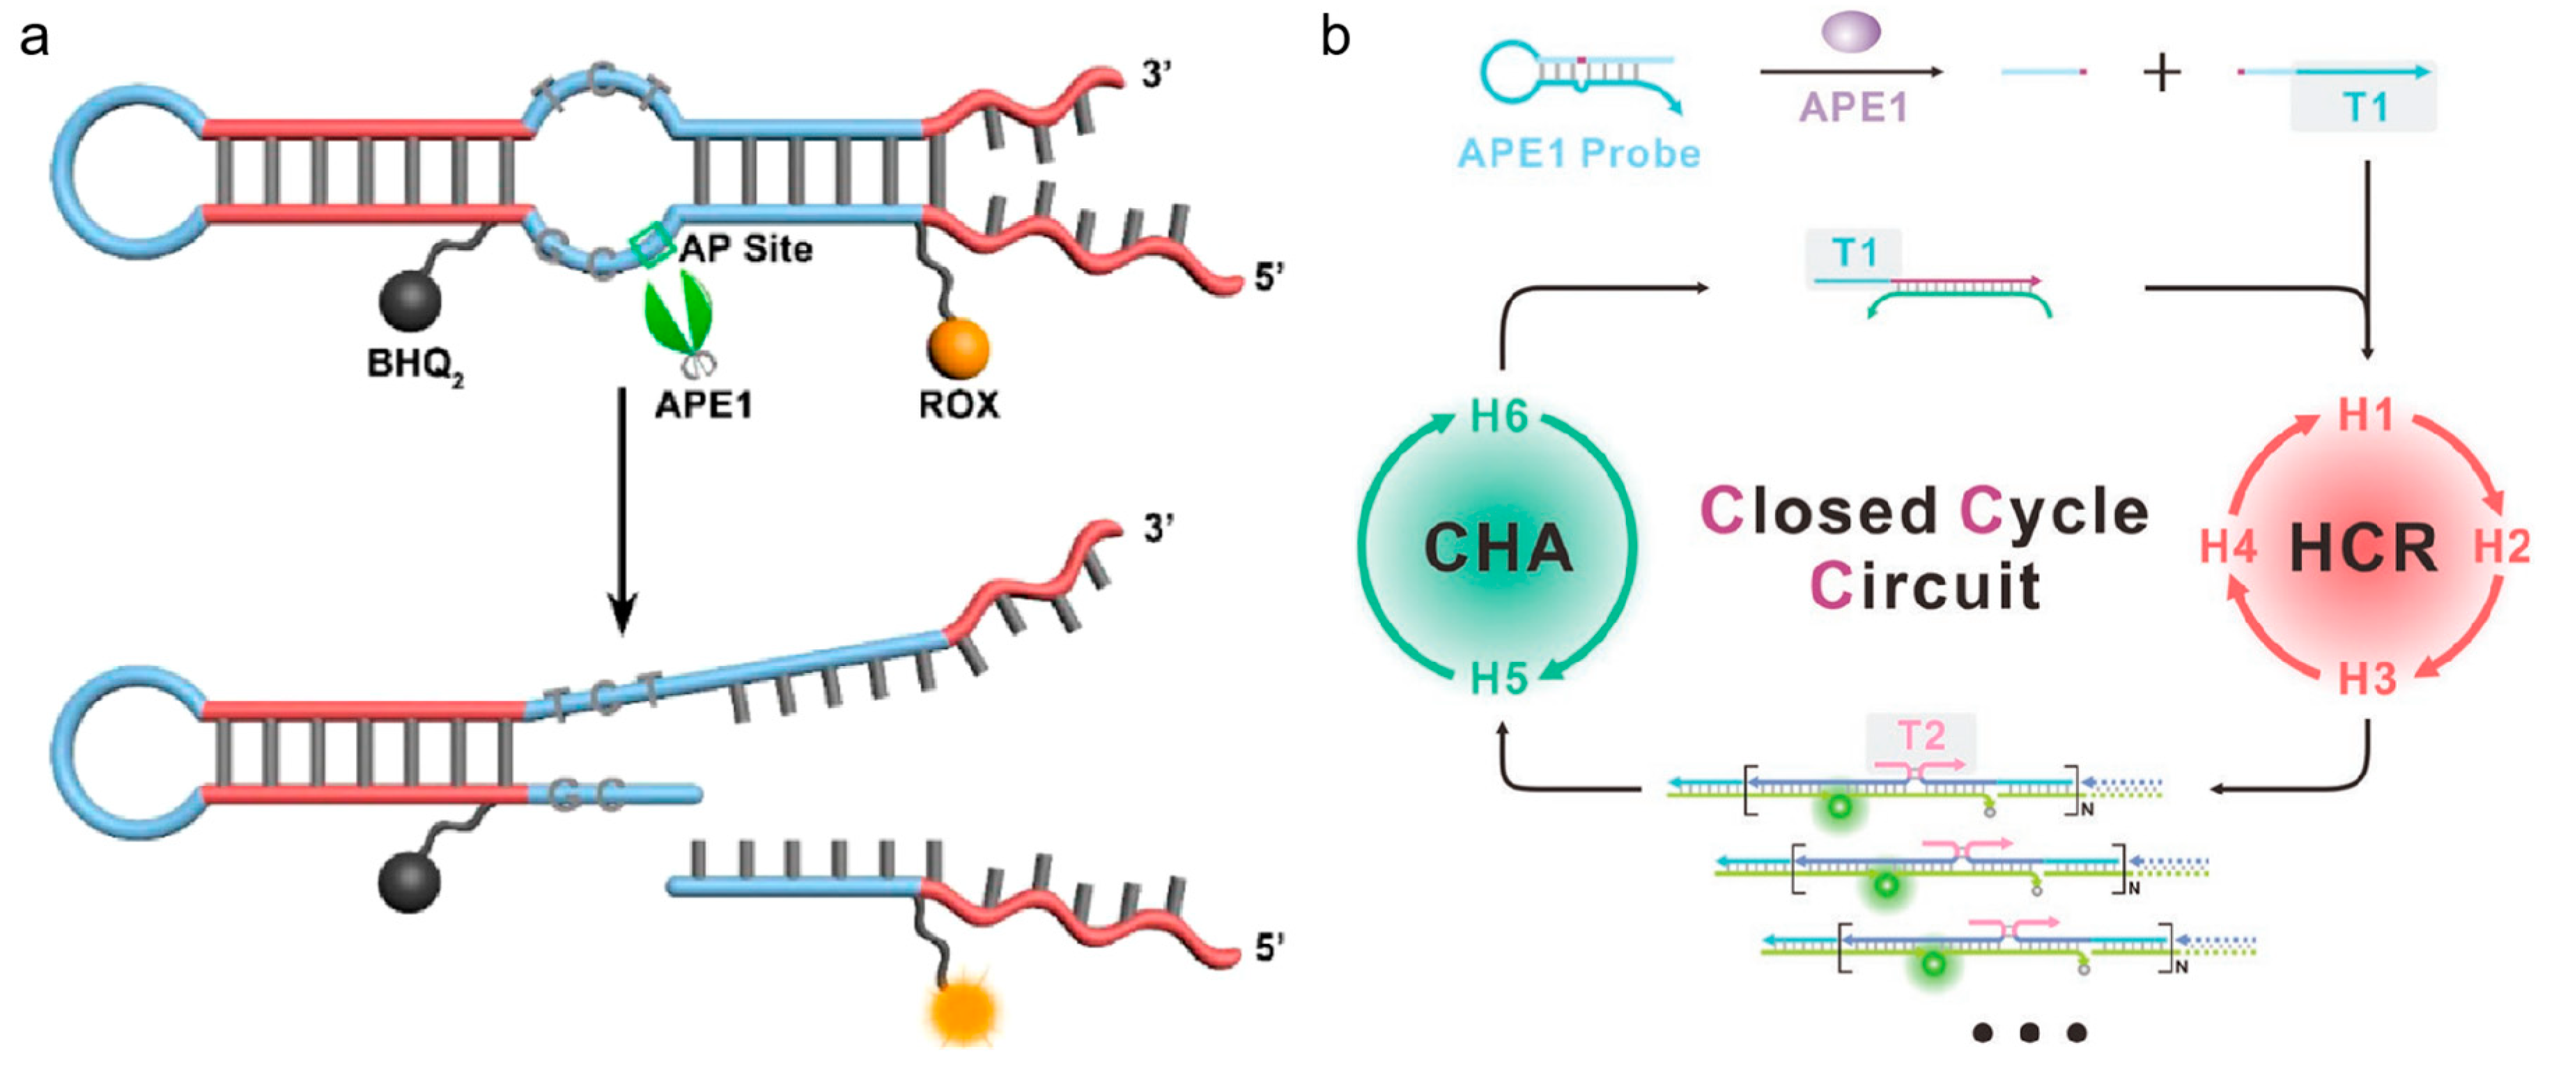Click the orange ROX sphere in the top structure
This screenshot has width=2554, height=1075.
click(958, 347)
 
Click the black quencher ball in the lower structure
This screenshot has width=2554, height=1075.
click(408, 883)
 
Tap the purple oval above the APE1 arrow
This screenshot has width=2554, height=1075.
click(1850, 30)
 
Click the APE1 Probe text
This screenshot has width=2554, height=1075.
click(1579, 154)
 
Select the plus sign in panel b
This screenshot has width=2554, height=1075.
click(2161, 73)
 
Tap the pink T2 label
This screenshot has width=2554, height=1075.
click(1921, 737)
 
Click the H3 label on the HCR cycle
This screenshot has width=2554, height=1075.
click(2367, 679)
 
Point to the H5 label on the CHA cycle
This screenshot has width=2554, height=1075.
click(1498, 679)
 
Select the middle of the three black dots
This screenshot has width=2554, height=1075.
click(2029, 1033)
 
